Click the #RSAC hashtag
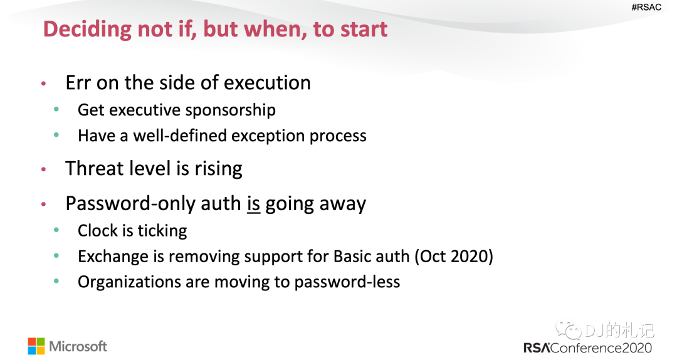coord(646,7)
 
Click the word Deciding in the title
coord(87,29)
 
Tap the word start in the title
coord(364,29)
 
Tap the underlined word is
coord(253,204)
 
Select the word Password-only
coord(130,204)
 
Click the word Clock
coord(98,231)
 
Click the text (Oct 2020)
coord(454,257)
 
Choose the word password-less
coord(347,282)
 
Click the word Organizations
coord(129,282)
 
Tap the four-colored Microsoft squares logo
coord(36,346)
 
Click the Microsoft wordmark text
coord(78,346)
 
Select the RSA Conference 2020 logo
coord(587,348)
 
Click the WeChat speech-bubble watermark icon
coord(568,330)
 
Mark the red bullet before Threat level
coord(44,169)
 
